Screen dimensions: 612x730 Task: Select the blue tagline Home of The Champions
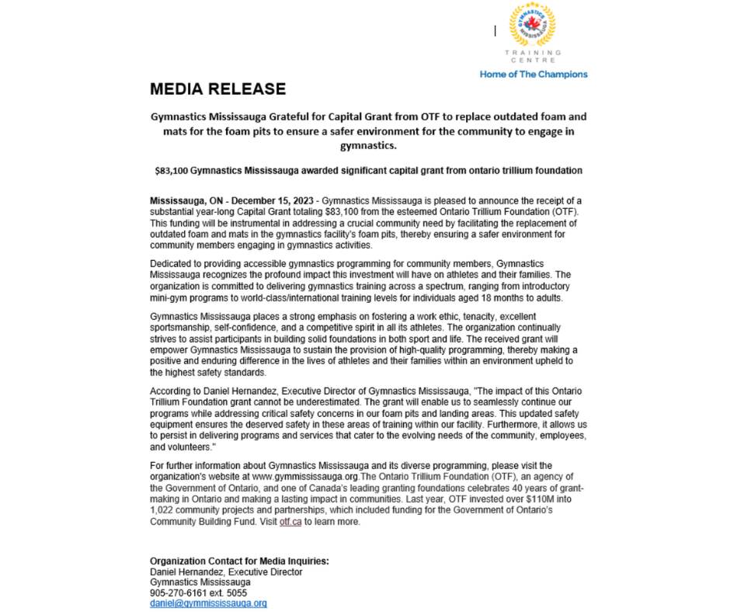(x=534, y=75)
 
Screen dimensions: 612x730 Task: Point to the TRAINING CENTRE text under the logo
(x=533, y=56)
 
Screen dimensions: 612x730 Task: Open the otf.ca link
(x=290, y=522)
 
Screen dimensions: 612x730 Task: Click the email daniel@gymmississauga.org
(x=208, y=603)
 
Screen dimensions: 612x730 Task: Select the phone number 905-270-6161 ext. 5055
(x=198, y=593)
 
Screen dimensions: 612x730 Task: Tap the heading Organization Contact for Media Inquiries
(x=239, y=562)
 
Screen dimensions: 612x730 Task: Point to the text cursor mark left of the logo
(x=495, y=30)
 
